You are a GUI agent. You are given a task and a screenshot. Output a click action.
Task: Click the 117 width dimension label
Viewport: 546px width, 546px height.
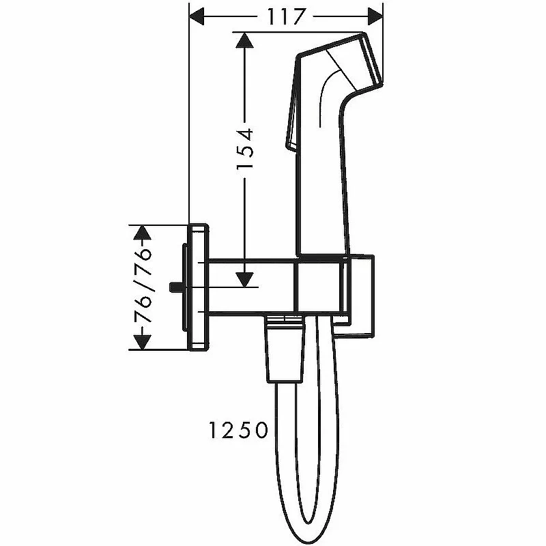286,16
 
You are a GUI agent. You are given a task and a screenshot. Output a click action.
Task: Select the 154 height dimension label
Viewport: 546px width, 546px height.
245,149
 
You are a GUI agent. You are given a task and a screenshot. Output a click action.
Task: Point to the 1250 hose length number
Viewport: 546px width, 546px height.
238,430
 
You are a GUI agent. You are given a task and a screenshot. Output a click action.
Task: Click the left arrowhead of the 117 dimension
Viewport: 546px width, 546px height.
196,16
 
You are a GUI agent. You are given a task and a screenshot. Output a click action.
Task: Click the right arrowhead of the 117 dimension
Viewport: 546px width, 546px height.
375,16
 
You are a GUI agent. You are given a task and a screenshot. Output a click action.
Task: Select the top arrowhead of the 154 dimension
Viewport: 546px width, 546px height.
244,40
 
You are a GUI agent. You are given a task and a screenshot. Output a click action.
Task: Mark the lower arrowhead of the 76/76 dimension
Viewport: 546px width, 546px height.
143,343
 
